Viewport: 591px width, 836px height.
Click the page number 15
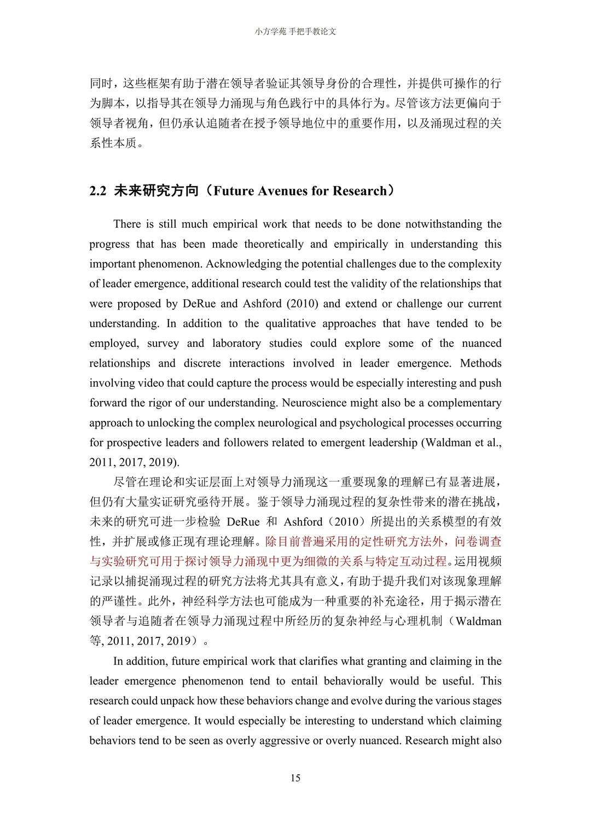click(x=296, y=778)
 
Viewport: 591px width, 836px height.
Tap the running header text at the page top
click(x=296, y=32)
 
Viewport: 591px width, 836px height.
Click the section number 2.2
click(x=98, y=191)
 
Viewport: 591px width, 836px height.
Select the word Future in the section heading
click(x=234, y=191)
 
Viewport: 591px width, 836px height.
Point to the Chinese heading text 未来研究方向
click(x=156, y=191)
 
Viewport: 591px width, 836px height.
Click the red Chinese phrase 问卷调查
click(x=478, y=542)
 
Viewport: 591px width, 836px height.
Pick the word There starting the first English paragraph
click(x=127, y=224)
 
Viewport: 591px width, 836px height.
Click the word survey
click(x=163, y=343)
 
